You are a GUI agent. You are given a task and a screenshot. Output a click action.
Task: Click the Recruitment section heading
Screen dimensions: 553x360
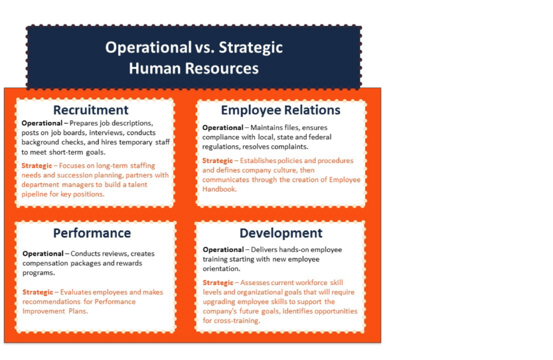point(91,110)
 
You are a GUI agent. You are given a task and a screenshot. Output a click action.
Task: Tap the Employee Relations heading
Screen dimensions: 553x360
point(281,110)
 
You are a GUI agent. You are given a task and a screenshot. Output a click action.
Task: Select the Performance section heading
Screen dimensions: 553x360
point(92,233)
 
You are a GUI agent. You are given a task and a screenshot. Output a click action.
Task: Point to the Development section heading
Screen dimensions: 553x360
point(281,233)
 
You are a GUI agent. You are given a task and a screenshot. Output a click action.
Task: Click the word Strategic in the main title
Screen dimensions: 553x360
point(251,47)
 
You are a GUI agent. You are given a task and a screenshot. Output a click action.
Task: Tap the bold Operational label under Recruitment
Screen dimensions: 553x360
point(42,124)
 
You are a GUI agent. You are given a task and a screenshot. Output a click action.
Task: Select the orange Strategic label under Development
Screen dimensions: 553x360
point(218,283)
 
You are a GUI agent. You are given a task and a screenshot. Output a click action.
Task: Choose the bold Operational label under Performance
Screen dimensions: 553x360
point(43,254)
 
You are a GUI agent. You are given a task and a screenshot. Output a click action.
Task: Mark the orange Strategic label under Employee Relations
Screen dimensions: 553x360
point(218,161)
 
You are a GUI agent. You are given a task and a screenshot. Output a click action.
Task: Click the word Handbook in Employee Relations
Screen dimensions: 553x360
point(219,189)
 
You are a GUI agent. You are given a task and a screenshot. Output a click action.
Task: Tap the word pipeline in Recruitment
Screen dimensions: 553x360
point(35,194)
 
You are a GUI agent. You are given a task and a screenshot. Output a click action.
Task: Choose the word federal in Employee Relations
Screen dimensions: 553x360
point(320,137)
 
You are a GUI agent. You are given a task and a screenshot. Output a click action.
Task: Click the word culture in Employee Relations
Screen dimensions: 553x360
point(286,171)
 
